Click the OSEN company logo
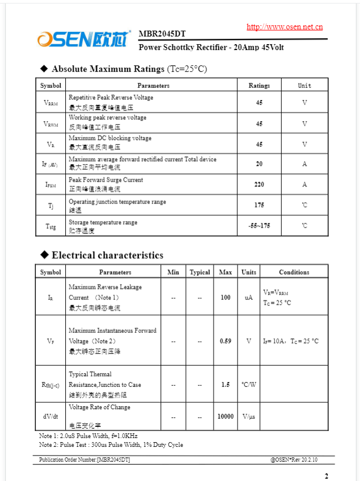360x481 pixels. (84, 39)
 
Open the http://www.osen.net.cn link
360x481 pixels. (284, 26)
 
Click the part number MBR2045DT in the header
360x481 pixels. (162, 34)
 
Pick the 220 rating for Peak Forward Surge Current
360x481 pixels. (259, 185)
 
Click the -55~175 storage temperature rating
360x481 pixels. (259, 226)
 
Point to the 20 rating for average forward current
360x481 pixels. (259, 164)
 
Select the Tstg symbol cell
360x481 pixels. (51, 226)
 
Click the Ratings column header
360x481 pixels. (259, 86)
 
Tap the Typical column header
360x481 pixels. (200, 272)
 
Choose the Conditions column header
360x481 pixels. (294, 272)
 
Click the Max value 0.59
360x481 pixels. (225, 341)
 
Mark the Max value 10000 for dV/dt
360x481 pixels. (225, 416)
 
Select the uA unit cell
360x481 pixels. (249, 298)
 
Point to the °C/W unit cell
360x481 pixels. (249, 385)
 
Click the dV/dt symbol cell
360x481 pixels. (51, 416)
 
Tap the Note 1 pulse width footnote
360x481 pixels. (88, 436)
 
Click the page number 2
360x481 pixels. (326, 476)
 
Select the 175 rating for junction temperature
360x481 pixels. (259, 205)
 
